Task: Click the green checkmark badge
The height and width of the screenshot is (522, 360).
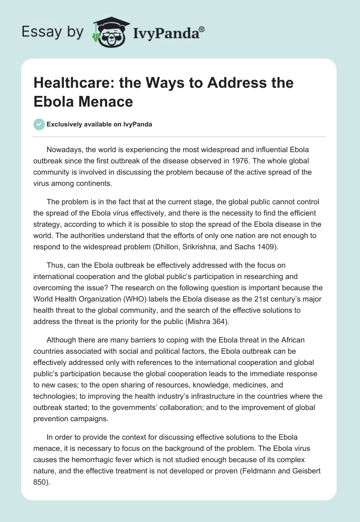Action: click(x=39, y=124)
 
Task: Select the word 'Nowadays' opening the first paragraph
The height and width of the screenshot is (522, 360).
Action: click(x=62, y=149)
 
